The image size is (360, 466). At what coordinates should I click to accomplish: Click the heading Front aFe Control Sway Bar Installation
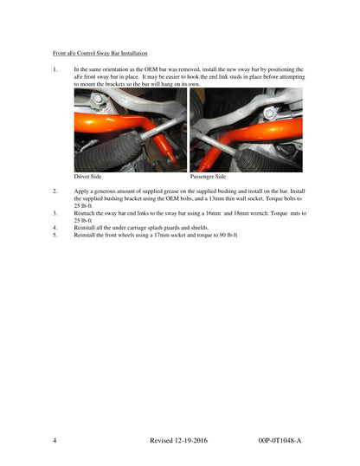coord(100,54)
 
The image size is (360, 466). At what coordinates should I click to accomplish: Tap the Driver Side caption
coord(87,177)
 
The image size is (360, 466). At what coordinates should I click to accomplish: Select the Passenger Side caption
coord(208,177)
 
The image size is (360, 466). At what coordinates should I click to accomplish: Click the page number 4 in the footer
coord(55,440)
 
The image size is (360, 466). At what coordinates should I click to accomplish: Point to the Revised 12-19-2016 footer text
coord(178,440)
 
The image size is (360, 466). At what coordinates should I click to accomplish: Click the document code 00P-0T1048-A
coord(280,440)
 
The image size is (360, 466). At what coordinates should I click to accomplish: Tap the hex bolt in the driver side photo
coord(98,99)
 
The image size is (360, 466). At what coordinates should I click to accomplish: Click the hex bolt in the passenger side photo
coord(269,113)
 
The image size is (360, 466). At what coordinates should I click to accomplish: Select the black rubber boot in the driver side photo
coord(108,152)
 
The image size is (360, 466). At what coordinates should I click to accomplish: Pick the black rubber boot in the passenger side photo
coord(266,160)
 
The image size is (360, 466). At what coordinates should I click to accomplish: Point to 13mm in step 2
coord(216,198)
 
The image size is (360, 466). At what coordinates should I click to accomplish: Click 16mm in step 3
coord(213,213)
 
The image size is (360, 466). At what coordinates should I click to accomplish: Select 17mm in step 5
coord(162,236)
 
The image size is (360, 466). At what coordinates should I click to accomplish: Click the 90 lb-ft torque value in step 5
coord(228,236)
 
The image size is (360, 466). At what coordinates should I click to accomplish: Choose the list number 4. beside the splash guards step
coord(55,228)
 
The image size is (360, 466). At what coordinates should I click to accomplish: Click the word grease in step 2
coord(170,191)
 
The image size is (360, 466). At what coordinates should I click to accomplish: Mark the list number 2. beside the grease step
coord(55,191)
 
